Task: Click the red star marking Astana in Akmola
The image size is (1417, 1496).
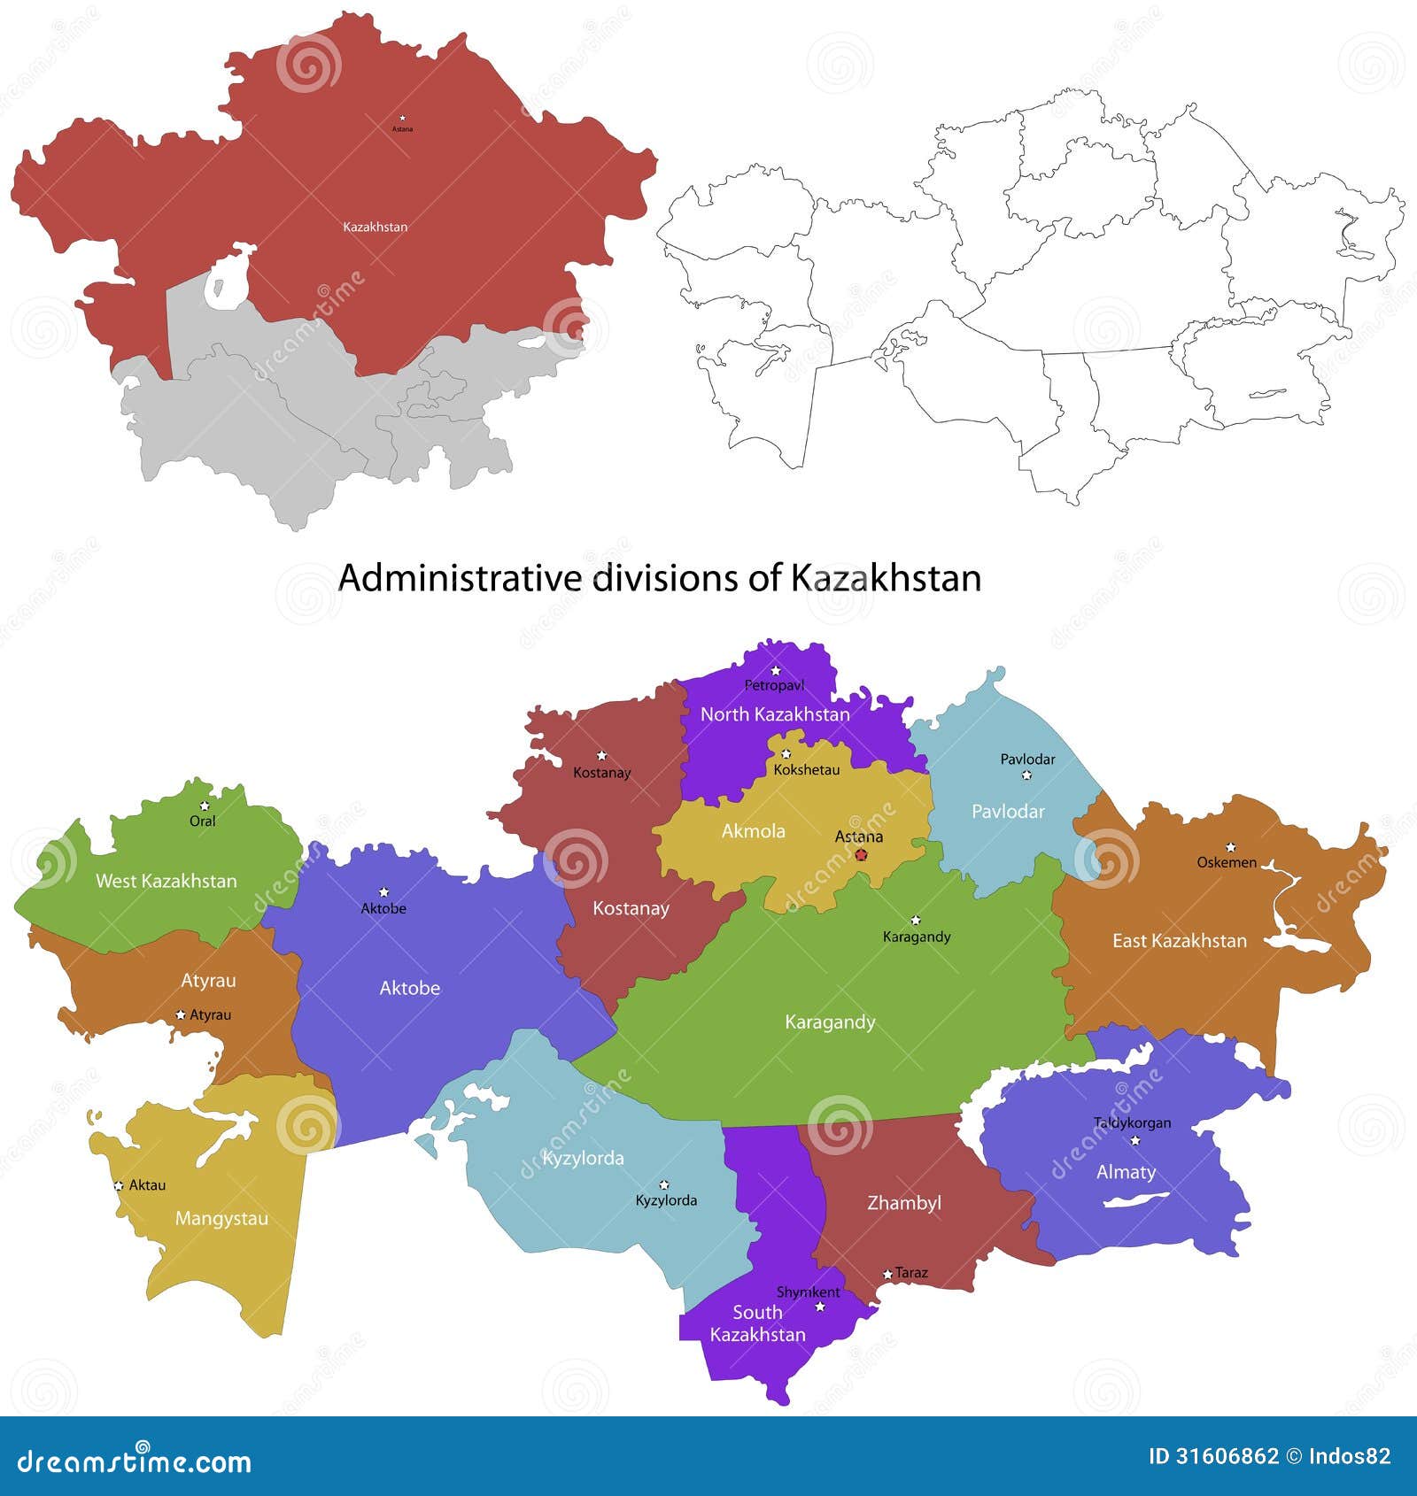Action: tap(861, 854)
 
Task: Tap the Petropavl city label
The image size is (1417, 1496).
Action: tap(774, 685)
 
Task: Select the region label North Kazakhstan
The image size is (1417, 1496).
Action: tap(775, 714)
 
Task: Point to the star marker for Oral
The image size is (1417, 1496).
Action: tap(205, 806)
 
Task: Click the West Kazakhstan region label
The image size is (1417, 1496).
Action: tap(166, 881)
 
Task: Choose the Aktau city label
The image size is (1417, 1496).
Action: tap(147, 1185)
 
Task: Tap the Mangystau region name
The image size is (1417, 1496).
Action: tap(221, 1219)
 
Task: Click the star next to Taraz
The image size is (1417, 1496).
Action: tap(887, 1275)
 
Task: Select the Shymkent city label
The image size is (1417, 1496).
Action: tap(808, 1292)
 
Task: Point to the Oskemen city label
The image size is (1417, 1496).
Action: tap(1227, 862)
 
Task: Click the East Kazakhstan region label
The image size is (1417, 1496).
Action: tap(1179, 941)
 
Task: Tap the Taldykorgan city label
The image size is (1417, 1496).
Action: tap(1132, 1122)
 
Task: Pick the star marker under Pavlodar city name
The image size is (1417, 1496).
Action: tap(1026, 775)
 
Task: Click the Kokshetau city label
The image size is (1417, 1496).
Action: tap(806, 770)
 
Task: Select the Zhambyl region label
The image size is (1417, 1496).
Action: tap(903, 1203)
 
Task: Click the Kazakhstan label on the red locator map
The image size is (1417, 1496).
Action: tap(376, 227)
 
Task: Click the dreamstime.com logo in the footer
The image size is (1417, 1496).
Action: tap(135, 1461)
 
